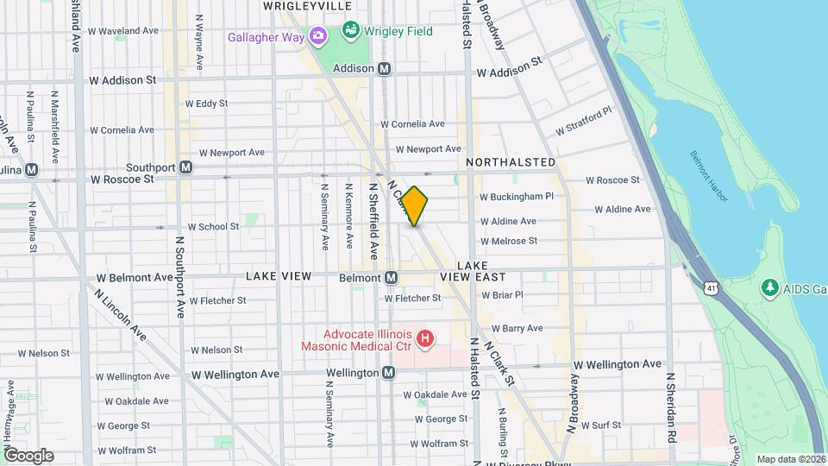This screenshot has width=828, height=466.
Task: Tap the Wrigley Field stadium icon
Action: coord(350,33)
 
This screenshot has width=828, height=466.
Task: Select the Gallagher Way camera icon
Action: coord(318,37)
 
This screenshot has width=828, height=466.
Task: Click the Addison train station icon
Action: coord(385,68)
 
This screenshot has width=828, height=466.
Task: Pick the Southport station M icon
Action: coord(185,167)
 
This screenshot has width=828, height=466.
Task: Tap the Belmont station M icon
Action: coord(391,278)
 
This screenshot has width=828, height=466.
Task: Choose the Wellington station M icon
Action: coord(388,373)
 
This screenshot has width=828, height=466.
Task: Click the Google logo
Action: coord(28,455)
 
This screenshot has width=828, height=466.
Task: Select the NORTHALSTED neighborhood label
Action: coord(511,162)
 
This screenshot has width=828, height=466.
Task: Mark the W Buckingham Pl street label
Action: coord(516,196)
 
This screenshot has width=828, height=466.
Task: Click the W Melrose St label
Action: coord(509,241)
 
